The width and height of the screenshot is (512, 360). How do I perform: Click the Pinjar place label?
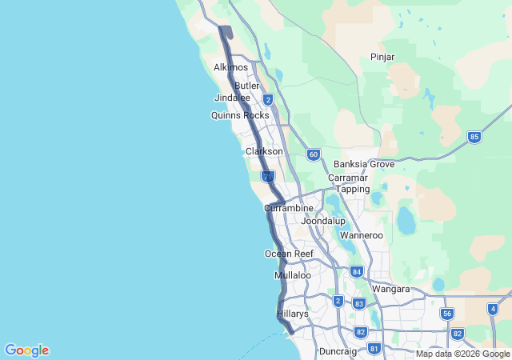pyautogui.click(x=383, y=57)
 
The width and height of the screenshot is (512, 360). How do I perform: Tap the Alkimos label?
pyautogui.click(x=231, y=67)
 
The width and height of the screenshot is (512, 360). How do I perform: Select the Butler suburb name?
pyautogui.click(x=248, y=86)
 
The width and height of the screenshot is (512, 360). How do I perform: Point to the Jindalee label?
pyautogui.click(x=233, y=98)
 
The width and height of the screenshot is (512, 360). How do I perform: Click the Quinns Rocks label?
pyautogui.click(x=240, y=115)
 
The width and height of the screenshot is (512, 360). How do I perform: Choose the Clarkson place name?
pyautogui.click(x=264, y=151)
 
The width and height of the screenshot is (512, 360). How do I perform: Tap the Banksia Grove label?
pyautogui.click(x=364, y=164)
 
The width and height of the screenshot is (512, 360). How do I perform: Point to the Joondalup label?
pyautogui.click(x=322, y=220)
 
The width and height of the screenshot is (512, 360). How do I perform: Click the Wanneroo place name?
pyautogui.click(x=362, y=236)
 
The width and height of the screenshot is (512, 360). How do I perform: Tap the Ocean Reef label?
pyautogui.click(x=289, y=254)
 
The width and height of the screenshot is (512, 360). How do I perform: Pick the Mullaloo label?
pyautogui.click(x=293, y=275)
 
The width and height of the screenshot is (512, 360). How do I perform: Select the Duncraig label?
pyautogui.click(x=338, y=351)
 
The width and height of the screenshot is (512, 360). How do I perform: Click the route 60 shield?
pyautogui.click(x=313, y=154)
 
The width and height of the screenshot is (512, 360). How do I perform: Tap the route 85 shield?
pyautogui.click(x=474, y=137)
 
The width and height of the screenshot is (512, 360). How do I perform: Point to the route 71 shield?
pyautogui.click(x=268, y=176)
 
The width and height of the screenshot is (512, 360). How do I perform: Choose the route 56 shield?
pyautogui.click(x=447, y=314)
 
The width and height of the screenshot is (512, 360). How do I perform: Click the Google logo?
pyautogui.click(x=26, y=350)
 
